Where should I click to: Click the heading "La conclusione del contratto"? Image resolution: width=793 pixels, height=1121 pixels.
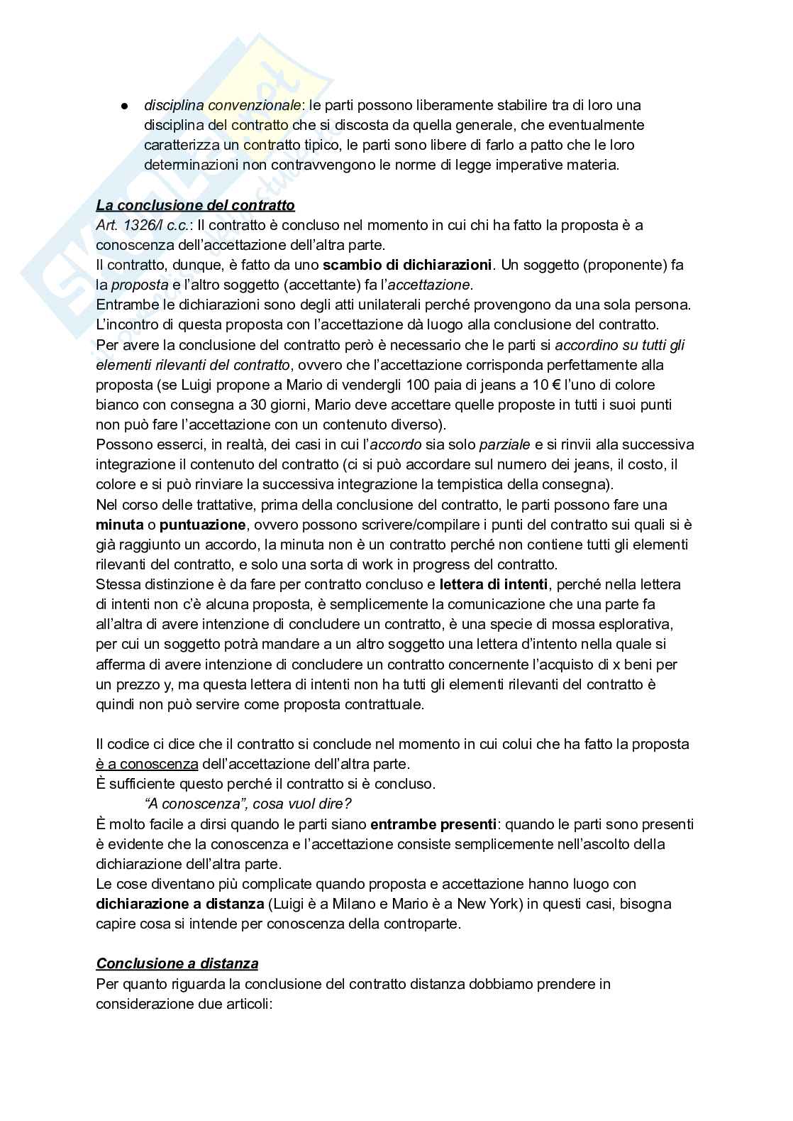pyautogui.click(x=195, y=206)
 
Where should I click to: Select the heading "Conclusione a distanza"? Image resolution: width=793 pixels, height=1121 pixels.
pyautogui.click(x=177, y=963)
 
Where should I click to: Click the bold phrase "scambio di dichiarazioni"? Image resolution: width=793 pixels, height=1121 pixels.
pyautogui.click(x=407, y=266)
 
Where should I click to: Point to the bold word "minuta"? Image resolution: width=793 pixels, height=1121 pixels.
pyautogui.click(x=118, y=525)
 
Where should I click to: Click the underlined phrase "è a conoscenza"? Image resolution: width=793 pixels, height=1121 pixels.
pyautogui.click(x=147, y=765)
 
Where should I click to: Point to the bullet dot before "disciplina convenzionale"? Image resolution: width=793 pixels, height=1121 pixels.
pyautogui.click(x=123, y=106)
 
